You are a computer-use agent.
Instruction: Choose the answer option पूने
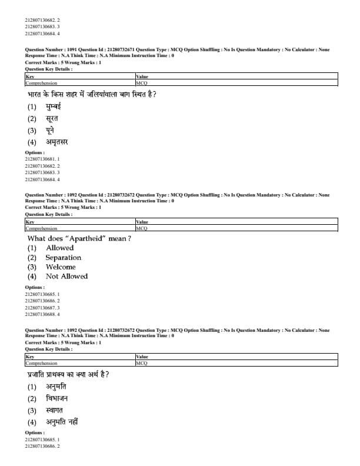(52, 130)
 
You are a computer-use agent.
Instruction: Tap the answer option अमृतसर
(58, 142)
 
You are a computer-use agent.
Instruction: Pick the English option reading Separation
(64, 258)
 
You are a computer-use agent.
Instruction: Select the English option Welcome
(61, 267)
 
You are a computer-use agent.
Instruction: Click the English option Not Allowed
(66, 277)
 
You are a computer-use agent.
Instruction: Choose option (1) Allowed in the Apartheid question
(59, 248)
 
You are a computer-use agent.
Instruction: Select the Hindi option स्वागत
(55, 410)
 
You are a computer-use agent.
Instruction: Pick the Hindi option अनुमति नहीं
(62, 422)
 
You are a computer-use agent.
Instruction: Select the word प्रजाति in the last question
(39, 374)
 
